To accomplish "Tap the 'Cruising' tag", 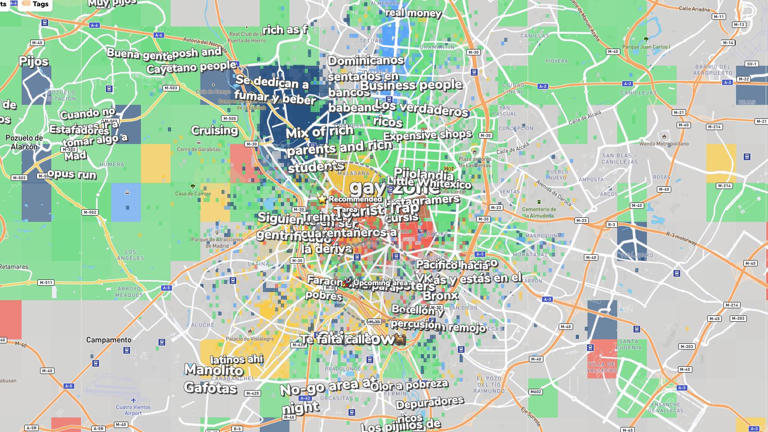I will click(214, 130).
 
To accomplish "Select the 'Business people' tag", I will click(411, 85).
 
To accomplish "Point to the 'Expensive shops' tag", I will click(427, 135).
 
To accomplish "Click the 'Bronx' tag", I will click(440, 296).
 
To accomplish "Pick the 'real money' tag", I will click(413, 13).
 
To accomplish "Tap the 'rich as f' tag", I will click(285, 30).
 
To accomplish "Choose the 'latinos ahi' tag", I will click(237, 360).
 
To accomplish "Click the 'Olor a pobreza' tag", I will click(410, 385).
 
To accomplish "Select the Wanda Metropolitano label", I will click(664, 144).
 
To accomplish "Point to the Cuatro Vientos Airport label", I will click(133, 409).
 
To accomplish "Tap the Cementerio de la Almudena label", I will click(539, 212).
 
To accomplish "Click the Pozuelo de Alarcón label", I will click(24, 142).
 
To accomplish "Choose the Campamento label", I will click(108, 340).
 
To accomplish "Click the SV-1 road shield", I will click(752, 64).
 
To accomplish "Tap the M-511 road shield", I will click(46, 283).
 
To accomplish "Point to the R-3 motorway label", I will click(682, 238).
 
